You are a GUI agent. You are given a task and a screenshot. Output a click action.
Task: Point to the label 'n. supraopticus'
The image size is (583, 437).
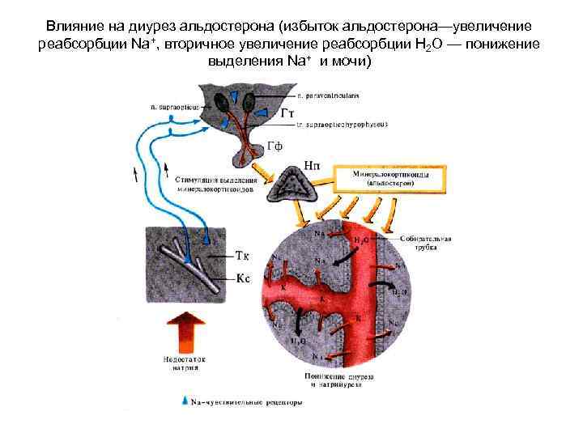(170, 104)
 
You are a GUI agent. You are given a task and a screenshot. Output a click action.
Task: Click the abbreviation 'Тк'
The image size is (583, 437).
(243, 257)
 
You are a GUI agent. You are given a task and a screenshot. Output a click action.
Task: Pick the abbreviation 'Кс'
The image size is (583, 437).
(243, 278)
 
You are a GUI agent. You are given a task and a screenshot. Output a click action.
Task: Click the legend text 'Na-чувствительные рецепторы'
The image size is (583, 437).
(247, 401)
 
